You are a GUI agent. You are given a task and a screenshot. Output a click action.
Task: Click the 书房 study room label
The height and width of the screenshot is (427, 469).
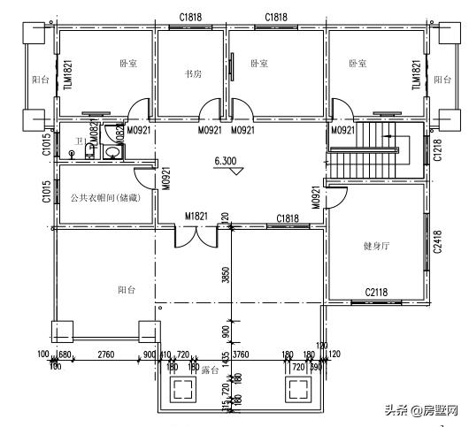[x=192, y=74]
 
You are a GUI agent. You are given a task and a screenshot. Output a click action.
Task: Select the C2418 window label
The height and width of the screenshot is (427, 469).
[x=437, y=242]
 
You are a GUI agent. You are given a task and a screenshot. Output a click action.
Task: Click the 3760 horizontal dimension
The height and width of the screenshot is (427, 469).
[x=240, y=355]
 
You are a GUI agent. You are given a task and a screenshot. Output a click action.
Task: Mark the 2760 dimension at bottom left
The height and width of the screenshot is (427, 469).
[x=105, y=355]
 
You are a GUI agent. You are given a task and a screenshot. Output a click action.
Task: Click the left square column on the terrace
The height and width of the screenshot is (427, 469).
[x=184, y=388]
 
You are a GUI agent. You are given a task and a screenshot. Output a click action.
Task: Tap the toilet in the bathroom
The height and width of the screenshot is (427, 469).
[x=90, y=151]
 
